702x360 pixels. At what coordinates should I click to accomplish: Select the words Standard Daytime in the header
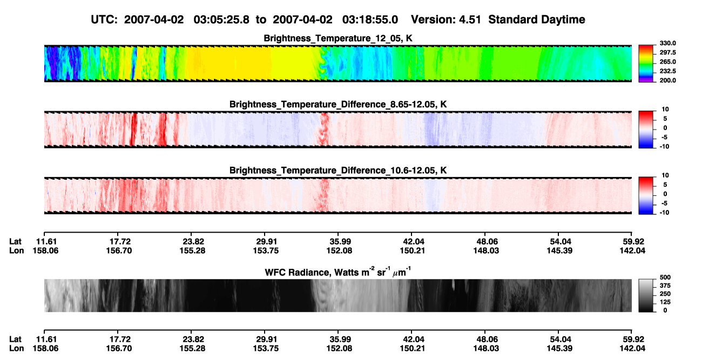coord(537,19)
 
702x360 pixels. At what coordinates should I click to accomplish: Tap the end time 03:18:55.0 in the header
coord(370,19)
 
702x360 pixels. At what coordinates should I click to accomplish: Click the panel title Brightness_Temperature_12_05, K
coord(338,38)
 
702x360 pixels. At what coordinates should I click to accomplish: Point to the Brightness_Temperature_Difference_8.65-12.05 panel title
coord(338,104)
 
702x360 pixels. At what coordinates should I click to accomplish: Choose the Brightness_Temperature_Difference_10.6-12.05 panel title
coord(338,171)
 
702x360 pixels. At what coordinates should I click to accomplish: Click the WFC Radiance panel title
coord(337,271)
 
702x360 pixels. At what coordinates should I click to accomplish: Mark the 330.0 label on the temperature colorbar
coord(667,43)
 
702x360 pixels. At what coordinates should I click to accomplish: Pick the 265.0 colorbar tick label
coord(667,62)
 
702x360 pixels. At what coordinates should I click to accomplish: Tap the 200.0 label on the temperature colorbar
coord(667,80)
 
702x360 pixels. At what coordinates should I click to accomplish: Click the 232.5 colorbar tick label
coord(667,71)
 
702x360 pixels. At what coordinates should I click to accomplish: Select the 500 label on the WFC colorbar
coord(665,277)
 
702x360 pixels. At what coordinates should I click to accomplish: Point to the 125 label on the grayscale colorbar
coord(665,302)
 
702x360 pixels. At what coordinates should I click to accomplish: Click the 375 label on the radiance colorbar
coord(665,286)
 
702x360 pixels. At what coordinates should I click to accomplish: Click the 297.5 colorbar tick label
coord(667,52)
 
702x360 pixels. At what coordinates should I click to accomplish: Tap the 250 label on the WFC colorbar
coord(665,294)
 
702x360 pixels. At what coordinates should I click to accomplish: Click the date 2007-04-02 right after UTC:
coord(154,19)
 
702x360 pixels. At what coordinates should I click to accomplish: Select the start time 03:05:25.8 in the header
coord(221,19)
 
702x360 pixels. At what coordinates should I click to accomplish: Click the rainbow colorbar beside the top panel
coord(646,64)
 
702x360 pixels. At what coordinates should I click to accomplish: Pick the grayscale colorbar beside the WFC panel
coord(646,295)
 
